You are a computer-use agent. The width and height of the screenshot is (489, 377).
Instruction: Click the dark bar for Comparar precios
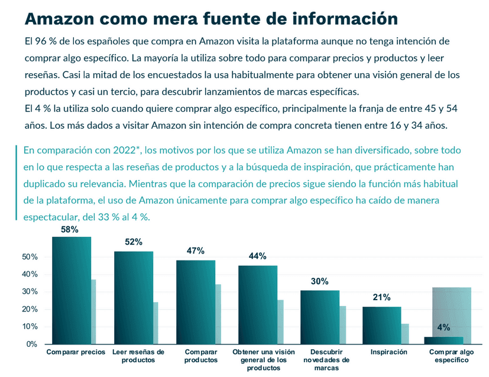[71, 290]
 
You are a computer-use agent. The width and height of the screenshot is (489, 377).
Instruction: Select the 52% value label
[134, 242]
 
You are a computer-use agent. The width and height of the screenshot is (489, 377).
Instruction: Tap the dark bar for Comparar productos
[195, 301]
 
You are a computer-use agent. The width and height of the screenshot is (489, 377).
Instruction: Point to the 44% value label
[258, 256]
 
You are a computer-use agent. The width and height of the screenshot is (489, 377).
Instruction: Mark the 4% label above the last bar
[444, 327]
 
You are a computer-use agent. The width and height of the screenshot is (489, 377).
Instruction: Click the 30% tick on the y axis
[30, 292]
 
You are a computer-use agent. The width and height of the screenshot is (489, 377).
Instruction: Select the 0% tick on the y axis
[33, 344]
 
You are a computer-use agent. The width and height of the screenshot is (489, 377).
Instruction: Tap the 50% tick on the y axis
[30, 257]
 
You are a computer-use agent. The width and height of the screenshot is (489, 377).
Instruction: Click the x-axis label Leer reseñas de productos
[134, 356]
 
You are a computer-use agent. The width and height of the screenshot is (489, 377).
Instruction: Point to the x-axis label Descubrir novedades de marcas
[319, 360]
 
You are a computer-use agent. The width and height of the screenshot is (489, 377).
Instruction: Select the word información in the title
[345, 18]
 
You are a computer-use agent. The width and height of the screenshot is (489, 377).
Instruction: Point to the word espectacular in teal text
[50, 217]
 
